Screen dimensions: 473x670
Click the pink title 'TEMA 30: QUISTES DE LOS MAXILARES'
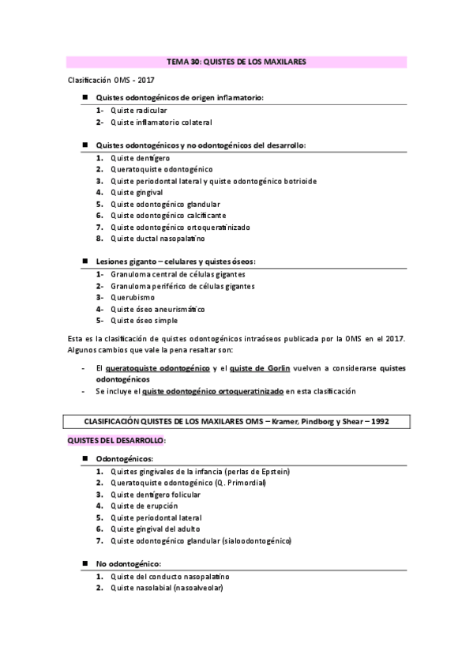pyautogui.click(x=236, y=61)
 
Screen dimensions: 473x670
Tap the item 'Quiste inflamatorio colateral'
pyautogui.click(x=161, y=122)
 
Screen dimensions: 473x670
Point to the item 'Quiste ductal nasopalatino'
pyautogui.click(x=158, y=238)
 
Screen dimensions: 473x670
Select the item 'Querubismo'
pyautogui.click(x=133, y=297)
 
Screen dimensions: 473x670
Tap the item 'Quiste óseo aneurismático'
pyautogui.click(x=158, y=309)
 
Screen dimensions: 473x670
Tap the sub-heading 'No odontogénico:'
pyautogui.click(x=128, y=564)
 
